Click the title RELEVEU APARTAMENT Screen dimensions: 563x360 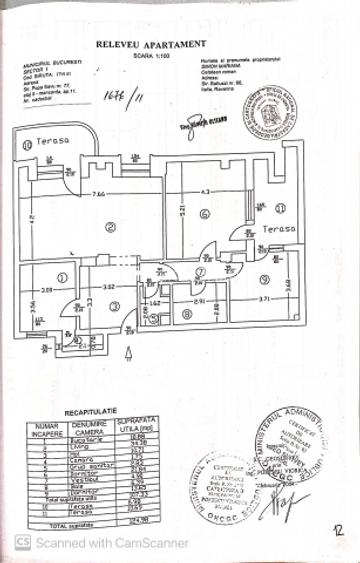151,44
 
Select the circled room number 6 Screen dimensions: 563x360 203,213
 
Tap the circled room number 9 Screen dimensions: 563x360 265,279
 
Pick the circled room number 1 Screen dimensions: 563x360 63,278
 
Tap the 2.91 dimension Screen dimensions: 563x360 200,300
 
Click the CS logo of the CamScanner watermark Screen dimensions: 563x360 22,543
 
